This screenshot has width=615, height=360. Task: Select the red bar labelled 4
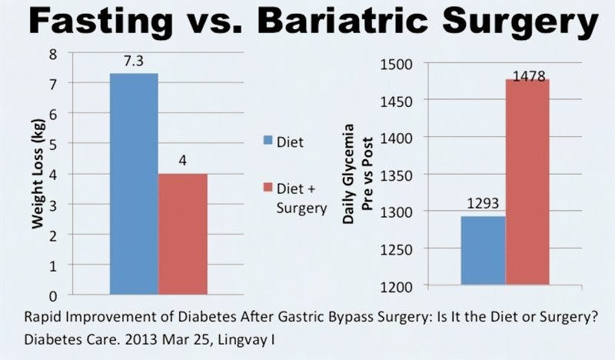(182, 234)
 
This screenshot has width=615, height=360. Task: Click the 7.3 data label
(134, 61)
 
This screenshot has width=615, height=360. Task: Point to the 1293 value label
(482, 205)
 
